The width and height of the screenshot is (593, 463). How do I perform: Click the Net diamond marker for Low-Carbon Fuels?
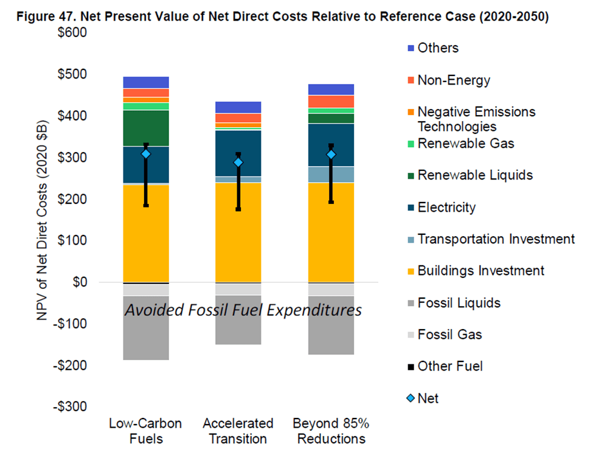[146, 154]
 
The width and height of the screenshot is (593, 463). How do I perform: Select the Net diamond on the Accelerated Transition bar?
[238, 162]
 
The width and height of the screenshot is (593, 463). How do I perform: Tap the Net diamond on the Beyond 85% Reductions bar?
[331, 155]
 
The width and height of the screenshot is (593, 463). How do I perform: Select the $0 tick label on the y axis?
[78, 282]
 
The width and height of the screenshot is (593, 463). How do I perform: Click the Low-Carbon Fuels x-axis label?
[145, 431]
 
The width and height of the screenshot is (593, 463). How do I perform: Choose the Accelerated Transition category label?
[238, 431]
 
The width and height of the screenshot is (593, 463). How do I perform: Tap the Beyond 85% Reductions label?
[331, 431]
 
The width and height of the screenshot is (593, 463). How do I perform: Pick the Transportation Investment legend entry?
[496, 239]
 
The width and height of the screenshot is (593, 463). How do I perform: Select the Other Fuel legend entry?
[449, 366]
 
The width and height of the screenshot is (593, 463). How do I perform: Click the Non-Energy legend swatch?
[411, 80]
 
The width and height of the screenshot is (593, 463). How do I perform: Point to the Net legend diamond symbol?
[411, 399]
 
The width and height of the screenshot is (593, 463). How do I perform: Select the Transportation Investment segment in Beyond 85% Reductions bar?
[331, 175]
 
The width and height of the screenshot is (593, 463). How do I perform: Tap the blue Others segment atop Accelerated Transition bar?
[238, 107]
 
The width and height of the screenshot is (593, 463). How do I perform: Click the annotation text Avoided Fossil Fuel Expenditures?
[243, 310]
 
